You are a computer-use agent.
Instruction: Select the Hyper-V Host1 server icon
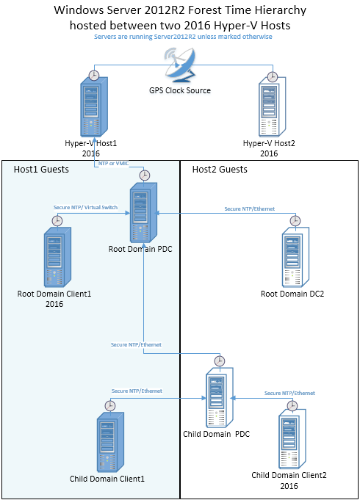click(x=94, y=108)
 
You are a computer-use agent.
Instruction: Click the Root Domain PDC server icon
click(x=144, y=213)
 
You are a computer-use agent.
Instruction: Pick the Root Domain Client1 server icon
click(x=57, y=256)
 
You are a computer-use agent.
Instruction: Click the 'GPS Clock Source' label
click(x=180, y=90)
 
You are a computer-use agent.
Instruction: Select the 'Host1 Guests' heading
click(x=41, y=170)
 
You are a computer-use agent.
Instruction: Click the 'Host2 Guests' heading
click(x=220, y=170)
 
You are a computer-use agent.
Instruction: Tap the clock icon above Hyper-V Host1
click(x=93, y=75)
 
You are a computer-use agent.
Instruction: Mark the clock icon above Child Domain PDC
click(x=218, y=360)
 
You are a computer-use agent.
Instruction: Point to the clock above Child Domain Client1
click(x=110, y=405)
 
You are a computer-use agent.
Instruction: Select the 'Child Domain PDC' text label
click(x=217, y=434)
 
